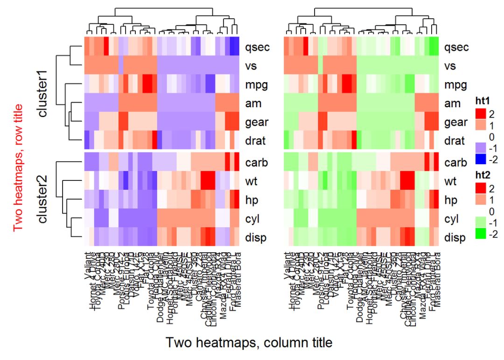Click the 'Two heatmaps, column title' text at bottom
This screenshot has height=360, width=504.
coord(249,343)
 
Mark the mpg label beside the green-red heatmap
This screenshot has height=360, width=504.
coord(455,85)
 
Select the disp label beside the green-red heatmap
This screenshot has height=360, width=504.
coord(455,238)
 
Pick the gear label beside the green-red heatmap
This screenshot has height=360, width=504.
coord(455,123)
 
